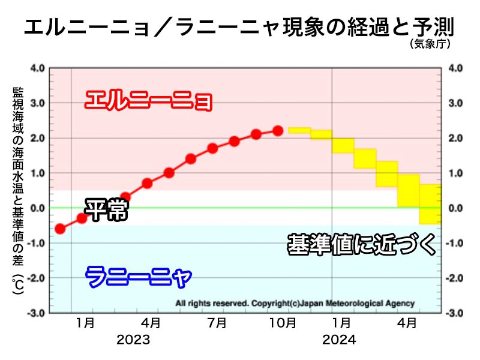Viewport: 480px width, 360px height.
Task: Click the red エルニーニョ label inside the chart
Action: coord(148,100)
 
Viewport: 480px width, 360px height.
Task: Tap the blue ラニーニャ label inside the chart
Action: coord(138,277)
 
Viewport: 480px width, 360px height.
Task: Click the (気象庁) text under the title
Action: coord(430,44)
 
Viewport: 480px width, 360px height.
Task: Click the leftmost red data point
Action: coord(60,229)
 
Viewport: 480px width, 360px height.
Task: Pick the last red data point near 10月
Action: coord(278,130)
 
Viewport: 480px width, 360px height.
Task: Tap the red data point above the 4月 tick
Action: coord(147,183)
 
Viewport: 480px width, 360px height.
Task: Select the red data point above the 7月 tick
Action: coord(212,148)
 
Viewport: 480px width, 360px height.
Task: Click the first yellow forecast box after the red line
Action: coord(299,130)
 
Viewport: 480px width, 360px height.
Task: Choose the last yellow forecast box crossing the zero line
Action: coord(430,204)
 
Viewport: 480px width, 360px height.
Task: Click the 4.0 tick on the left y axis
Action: coord(37,68)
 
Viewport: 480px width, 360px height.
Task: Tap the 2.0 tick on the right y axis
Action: coord(455,138)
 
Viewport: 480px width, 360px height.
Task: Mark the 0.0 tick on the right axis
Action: coord(455,208)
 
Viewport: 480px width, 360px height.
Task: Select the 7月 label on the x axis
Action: coord(217,323)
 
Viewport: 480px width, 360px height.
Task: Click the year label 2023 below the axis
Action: coord(133,340)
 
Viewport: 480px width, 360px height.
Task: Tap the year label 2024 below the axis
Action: coord(339,340)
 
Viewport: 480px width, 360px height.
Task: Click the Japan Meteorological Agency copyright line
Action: coord(295,304)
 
